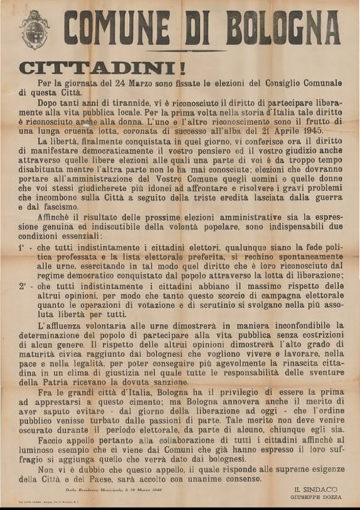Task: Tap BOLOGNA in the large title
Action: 286,28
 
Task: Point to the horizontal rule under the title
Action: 183,51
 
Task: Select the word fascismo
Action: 60,206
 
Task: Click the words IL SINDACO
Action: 315,489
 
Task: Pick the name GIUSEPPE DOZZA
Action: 315,497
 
